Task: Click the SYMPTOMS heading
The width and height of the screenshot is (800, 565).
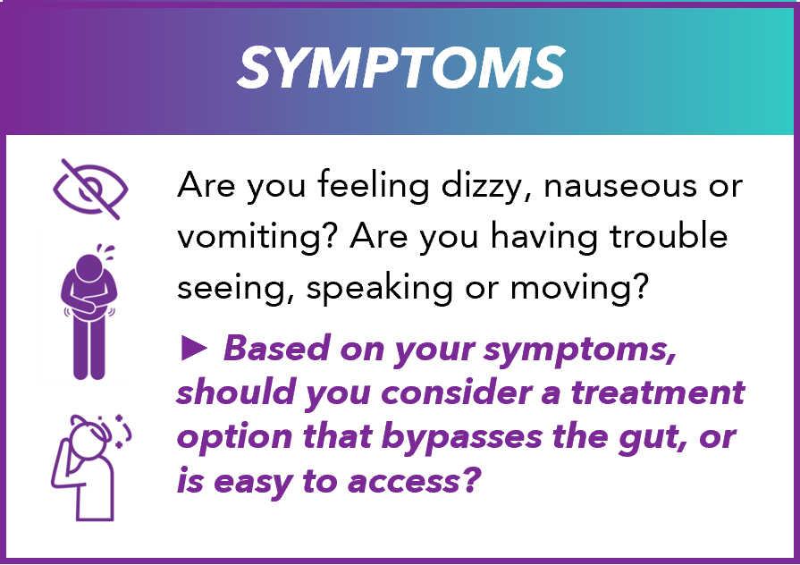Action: pos(400,67)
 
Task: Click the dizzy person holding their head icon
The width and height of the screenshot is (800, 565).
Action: pos(93,467)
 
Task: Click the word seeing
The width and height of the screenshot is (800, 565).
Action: pos(232,288)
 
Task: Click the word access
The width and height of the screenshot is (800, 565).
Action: pos(414,484)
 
